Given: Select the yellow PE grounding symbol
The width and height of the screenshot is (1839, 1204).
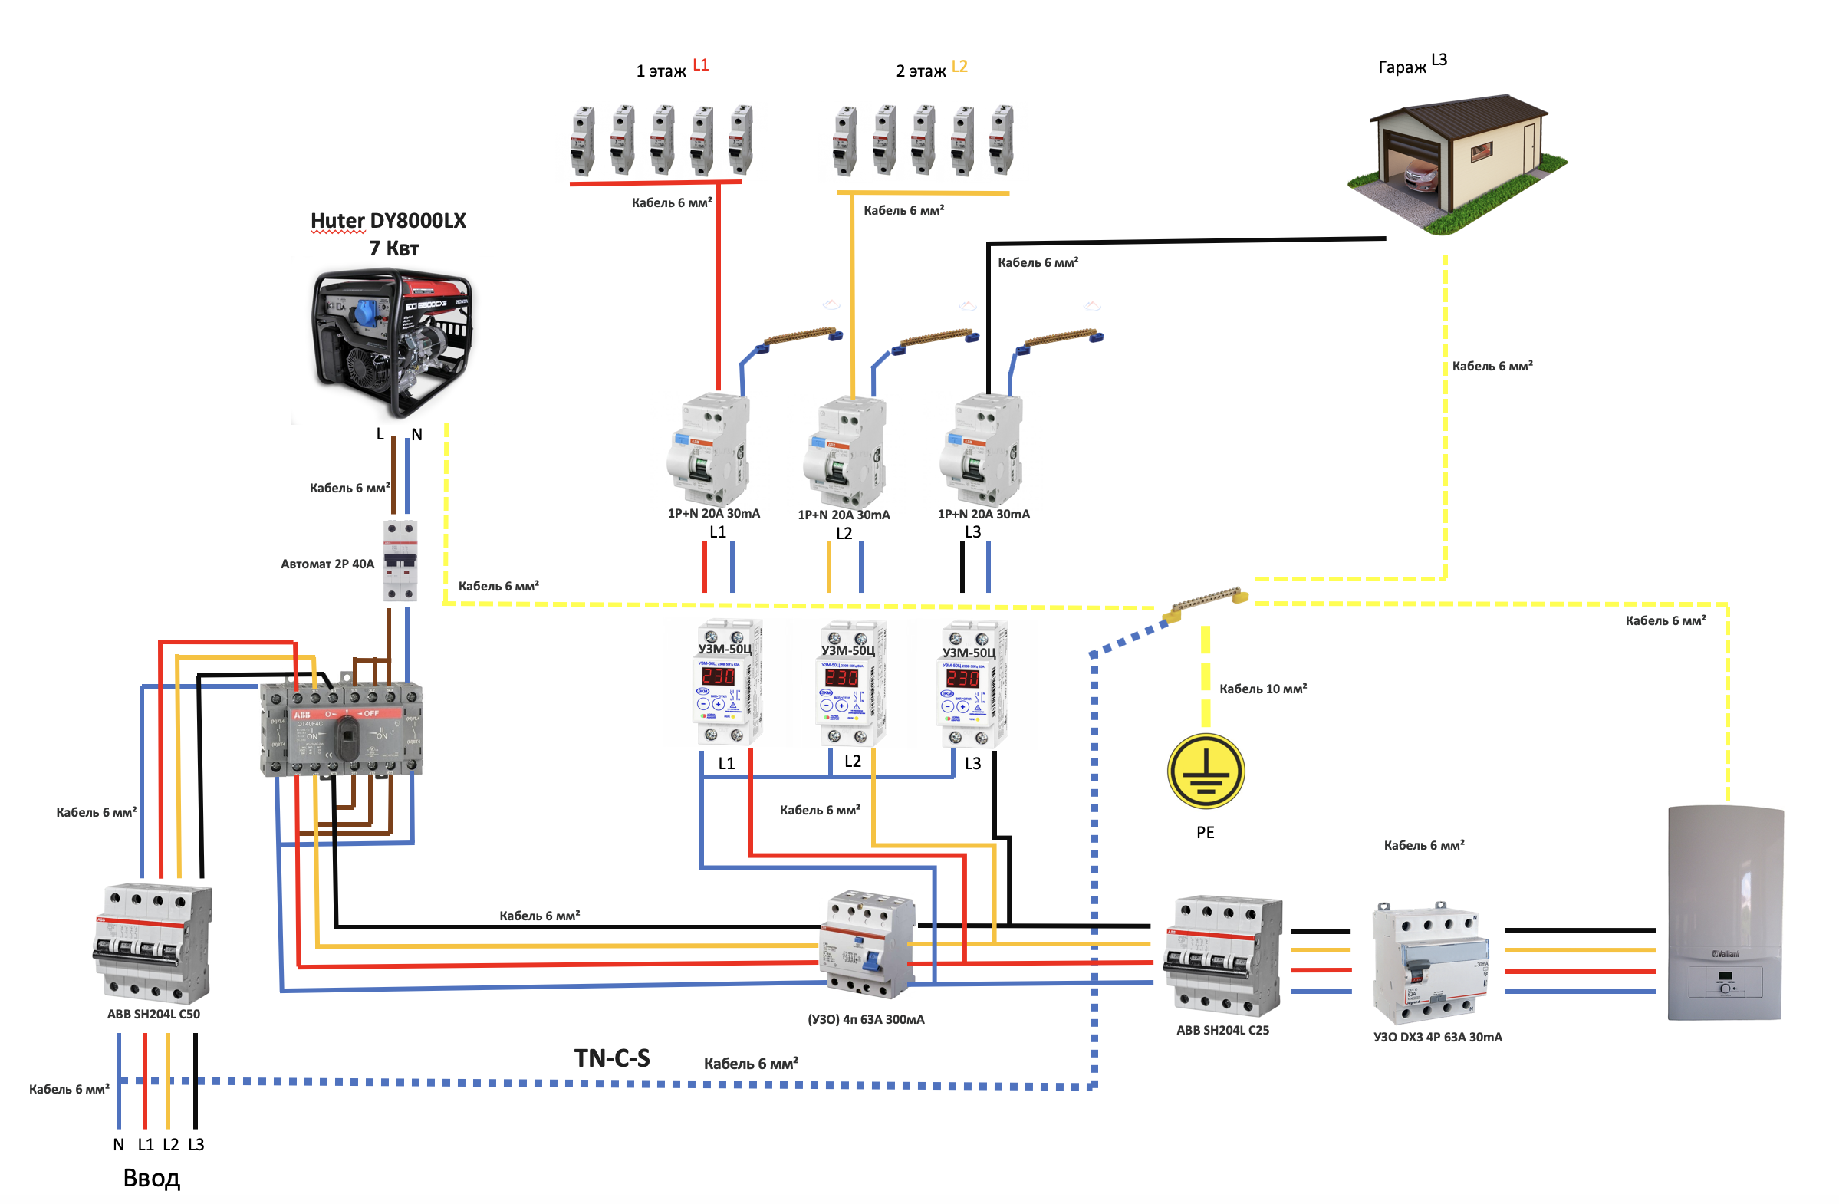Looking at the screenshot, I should coord(1206,771).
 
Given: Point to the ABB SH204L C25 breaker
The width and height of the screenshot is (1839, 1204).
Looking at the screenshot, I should coord(1223,956).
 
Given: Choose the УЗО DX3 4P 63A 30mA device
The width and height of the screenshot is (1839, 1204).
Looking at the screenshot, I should coord(1430,963).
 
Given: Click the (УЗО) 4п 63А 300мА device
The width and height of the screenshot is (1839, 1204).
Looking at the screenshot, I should coord(867,943).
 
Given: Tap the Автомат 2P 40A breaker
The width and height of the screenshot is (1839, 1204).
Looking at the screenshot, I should coord(400,561).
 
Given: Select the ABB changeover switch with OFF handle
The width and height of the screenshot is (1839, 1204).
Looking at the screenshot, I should coord(341,729).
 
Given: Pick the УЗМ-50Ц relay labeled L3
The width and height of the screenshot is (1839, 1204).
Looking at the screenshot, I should coord(972,683).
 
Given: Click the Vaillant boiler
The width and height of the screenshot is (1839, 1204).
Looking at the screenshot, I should coord(1725,913).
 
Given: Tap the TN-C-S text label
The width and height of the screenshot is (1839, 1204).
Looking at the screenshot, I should coord(612,1059).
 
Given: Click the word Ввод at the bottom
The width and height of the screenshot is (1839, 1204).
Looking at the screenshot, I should coord(151,1178).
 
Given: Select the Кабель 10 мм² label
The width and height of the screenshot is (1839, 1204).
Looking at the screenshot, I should coord(1262,689).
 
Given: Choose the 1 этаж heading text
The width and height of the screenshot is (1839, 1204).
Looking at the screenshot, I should coord(660,71).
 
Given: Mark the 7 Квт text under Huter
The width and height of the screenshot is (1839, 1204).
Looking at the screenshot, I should coord(393,248).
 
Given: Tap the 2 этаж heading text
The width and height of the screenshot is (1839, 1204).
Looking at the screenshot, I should coord(920,71).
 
